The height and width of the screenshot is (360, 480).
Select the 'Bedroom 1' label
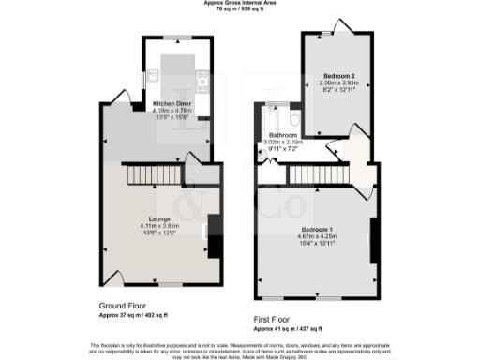click(x=317, y=230)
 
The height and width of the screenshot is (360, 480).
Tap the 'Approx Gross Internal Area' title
click(x=239, y=4)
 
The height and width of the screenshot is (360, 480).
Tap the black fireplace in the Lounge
click(x=215, y=235)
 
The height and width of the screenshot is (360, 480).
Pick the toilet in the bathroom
click(x=292, y=120)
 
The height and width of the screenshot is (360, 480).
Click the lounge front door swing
click(x=112, y=277)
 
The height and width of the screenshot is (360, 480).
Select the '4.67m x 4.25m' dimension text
click(x=317, y=236)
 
